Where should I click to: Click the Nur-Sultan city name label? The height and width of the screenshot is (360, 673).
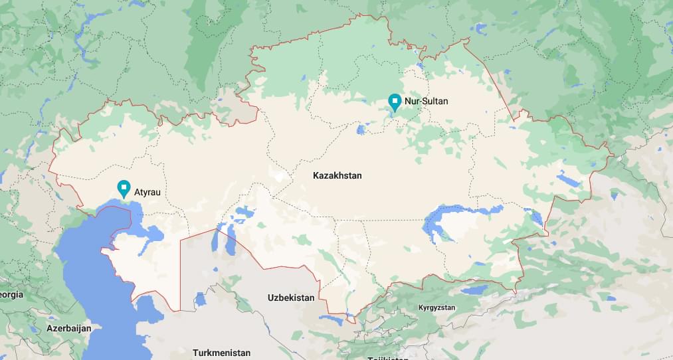[426, 101]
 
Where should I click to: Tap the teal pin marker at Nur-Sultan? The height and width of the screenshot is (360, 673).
[395, 102]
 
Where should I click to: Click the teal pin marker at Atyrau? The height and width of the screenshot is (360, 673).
[123, 188]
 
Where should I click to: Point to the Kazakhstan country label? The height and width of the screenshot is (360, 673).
[337, 175]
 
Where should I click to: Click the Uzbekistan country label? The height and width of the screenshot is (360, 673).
[291, 298]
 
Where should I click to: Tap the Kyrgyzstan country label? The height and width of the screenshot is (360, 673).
[436, 308]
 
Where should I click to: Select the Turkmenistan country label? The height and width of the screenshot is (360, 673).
[221, 353]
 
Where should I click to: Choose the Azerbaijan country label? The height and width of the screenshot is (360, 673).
[68, 328]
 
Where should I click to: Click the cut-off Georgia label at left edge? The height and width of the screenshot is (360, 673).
[11, 294]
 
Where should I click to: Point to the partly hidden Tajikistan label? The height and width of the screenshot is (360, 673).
[389, 357]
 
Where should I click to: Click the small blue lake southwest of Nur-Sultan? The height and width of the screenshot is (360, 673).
[361, 130]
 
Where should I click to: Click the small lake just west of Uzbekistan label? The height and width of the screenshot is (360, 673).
[201, 299]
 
